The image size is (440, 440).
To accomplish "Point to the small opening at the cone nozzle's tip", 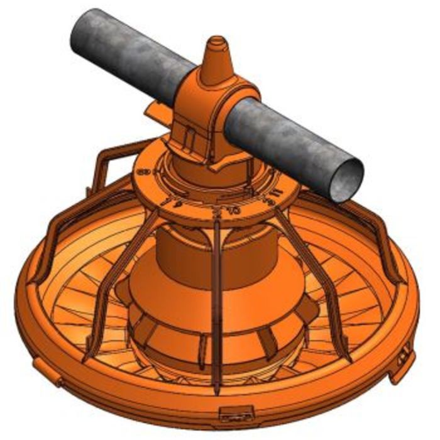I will click(217, 41).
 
